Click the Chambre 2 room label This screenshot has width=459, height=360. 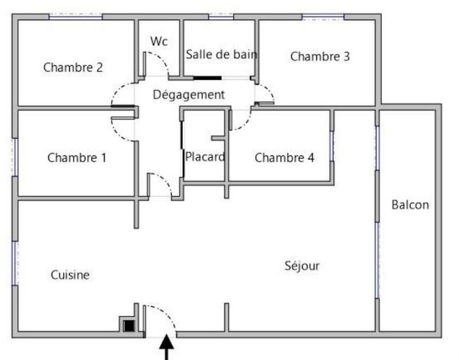73,67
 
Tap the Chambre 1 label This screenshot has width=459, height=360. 77,158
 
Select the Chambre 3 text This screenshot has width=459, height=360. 320,56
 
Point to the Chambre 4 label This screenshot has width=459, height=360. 284,158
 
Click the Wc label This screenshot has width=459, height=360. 159,41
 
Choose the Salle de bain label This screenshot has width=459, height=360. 221,54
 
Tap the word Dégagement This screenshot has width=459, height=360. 188,95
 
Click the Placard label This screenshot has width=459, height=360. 204,156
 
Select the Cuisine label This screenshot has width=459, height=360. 70,275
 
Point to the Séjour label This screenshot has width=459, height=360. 302,265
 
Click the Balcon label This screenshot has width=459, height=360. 410,205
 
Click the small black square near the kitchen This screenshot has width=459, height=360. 129,325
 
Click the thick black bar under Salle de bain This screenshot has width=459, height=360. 207,77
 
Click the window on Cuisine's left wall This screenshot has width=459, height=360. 14,263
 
